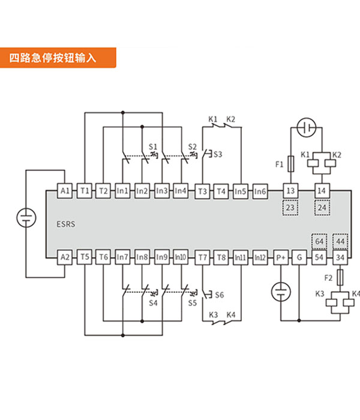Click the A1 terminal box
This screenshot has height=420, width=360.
(65, 191)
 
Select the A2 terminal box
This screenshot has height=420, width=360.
(65, 257)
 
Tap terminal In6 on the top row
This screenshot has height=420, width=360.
(260, 191)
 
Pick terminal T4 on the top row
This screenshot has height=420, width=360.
(221, 191)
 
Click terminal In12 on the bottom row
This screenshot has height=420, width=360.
(260, 257)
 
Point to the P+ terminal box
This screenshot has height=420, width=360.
(281, 257)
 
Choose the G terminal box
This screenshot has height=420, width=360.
(299, 257)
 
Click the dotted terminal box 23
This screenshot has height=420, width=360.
(290, 208)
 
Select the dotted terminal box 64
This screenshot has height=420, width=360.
(319, 241)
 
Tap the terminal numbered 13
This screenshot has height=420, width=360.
(290, 191)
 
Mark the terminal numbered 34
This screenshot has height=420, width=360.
(340, 257)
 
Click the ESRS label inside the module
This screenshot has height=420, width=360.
(65, 224)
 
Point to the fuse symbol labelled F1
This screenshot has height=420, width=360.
(291, 164)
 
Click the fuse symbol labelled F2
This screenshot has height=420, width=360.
(340, 277)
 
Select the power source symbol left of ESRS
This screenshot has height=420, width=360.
(26, 217)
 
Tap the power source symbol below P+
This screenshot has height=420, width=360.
(281, 292)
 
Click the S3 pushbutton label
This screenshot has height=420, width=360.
(218, 154)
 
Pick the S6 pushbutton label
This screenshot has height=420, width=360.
(220, 295)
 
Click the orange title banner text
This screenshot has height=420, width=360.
(53, 58)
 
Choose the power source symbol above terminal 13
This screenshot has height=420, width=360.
(307, 127)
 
